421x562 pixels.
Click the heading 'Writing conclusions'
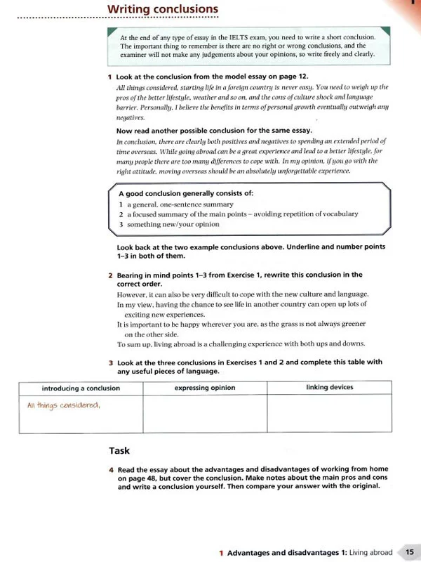pos(163,9)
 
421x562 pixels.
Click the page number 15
pos(408,552)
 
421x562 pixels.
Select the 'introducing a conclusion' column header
pos(81,388)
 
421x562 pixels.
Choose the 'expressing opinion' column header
pos(205,388)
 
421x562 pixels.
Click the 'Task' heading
pos(119,450)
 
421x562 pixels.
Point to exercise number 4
pos(111,469)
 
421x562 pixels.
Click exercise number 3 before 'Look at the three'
pos(111,362)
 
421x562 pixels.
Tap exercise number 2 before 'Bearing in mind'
pos(111,275)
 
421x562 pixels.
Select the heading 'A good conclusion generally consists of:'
pos(186,193)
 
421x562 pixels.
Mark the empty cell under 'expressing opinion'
pos(205,414)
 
